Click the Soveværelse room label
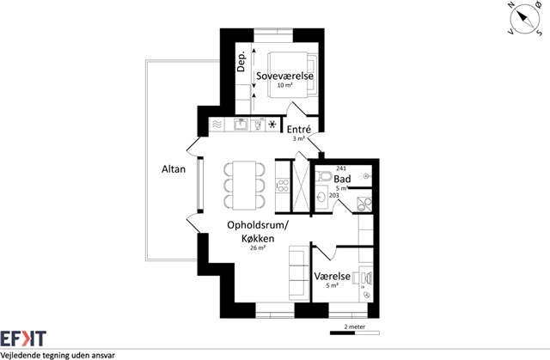click(284, 76)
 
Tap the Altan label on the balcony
click(174, 169)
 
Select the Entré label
click(299, 130)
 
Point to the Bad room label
click(342, 179)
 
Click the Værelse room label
click(333, 276)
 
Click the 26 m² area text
click(258, 247)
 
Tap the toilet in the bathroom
click(323, 176)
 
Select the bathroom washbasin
click(321, 198)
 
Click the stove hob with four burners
click(283, 186)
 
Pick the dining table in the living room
click(244, 186)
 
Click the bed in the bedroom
click(292, 74)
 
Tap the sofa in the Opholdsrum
click(299, 272)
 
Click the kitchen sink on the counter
click(241, 125)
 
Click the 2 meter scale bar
click(355, 333)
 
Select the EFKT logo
click(23, 339)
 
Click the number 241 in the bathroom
click(341, 168)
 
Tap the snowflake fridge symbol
click(272, 125)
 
